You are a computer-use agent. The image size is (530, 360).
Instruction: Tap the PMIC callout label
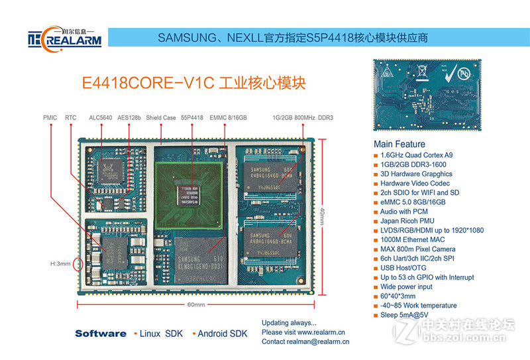pyautogui.click(x=50, y=117)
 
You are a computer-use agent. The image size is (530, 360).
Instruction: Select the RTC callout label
pyautogui.click(x=71, y=117)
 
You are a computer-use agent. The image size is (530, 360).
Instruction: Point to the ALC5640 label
pyautogui.click(x=101, y=117)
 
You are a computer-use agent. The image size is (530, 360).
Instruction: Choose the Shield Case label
pyautogui.click(x=161, y=117)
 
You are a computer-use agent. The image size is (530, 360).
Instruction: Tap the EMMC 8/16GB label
pyautogui.click(x=228, y=117)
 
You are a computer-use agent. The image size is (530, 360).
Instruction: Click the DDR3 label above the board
pyautogui.click(x=325, y=117)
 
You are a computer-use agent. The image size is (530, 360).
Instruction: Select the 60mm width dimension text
pyautogui.click(x=195, y=305)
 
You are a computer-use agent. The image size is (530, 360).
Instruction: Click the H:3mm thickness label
pyautogui.click(x=60, y=264)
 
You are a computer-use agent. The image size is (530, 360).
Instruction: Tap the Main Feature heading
pyautogui.click(x=399, y=144)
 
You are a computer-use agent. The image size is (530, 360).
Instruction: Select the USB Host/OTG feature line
pyautogui.click(x=405, y=268)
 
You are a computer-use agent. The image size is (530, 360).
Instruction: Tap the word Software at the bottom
pyautogui.click(x=100, y=333)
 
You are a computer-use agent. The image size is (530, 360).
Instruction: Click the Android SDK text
pyautogui.click(x=222, y=333)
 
